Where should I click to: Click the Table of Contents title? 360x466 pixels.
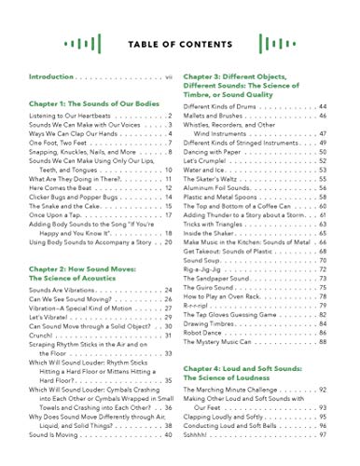[179, 46]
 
